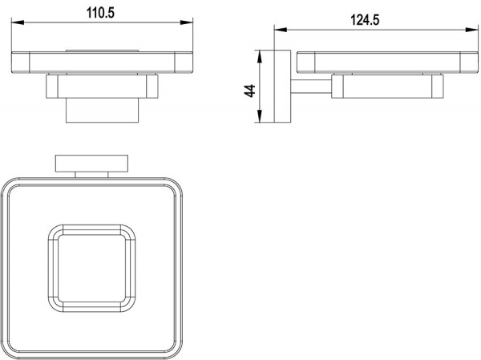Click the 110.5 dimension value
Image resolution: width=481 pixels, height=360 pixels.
pos(100,13)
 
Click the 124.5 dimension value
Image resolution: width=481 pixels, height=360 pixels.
pos(365,20)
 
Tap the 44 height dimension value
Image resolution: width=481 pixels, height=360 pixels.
pos(250,91)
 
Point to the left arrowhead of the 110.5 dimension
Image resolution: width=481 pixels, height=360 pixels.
pos(18,22)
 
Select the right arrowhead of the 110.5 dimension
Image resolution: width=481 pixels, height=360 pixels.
pos(187,22)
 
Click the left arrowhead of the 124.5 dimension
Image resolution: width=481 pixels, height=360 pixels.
pos(281,30)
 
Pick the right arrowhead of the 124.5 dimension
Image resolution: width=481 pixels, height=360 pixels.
pos(472,30)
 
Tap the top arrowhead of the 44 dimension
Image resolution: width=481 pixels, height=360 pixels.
pos(260,56)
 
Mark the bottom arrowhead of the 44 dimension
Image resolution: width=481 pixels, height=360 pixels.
pos(260,116)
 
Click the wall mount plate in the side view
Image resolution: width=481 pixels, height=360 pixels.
pos(282,87)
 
